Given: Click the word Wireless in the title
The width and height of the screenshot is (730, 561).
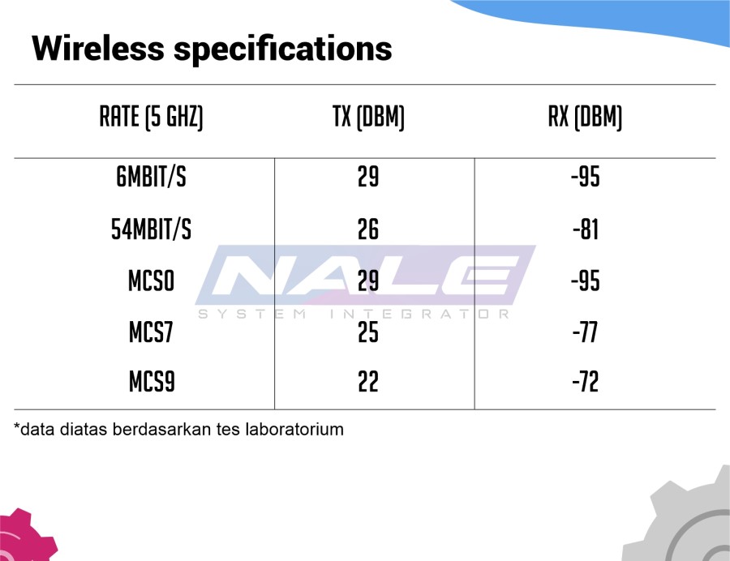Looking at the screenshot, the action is point(98,48).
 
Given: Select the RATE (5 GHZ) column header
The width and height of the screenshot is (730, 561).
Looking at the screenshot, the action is point(152,117).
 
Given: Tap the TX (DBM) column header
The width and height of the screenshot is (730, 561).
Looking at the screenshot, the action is point(368,117).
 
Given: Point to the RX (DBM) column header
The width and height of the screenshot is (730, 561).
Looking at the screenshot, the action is point(585,117).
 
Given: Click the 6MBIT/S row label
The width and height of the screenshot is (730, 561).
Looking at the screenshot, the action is point(152,177).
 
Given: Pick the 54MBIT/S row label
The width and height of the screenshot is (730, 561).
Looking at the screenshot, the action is point(152,229).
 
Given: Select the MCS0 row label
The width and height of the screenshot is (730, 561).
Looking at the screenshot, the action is point(152,281).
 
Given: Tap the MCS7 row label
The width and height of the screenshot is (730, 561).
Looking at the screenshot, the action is point(152,332).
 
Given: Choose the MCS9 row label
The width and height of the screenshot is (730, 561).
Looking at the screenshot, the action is point(152,382).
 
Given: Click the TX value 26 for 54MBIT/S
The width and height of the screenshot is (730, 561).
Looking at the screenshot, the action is point(368,229).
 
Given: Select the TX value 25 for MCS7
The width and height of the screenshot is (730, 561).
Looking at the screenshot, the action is point(368,332).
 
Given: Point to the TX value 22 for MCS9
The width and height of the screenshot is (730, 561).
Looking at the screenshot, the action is point(368,382).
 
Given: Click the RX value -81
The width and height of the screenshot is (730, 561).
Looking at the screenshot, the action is point(586,229).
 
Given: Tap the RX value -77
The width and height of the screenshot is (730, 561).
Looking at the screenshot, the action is point(585,332).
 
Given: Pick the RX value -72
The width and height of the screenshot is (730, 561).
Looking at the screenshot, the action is point(585,382).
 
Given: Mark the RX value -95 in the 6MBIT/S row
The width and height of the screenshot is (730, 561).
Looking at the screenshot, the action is point(586,177).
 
